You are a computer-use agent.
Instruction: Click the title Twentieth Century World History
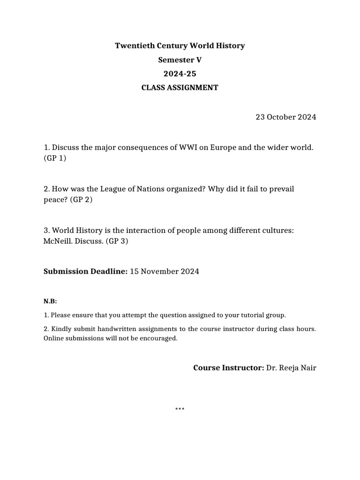tap(180, 45)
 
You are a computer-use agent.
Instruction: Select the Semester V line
tap(180, 60)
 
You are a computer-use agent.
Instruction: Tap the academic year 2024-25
tap(180, 74)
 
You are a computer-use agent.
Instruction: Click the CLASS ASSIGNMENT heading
tap(180, 88)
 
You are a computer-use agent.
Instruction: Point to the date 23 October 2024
tap(285, 117)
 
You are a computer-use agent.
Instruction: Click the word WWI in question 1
tap(189, 148)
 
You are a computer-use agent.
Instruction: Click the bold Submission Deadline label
tap(85, 271)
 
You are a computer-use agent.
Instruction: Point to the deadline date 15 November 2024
tap(164, 271)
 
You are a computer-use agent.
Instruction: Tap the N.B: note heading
tap(50, 301)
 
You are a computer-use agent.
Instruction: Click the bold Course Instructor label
tap(228, 367)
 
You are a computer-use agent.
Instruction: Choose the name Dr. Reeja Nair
tap(291, 367)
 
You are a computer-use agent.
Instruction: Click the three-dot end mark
tap(180, 409)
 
